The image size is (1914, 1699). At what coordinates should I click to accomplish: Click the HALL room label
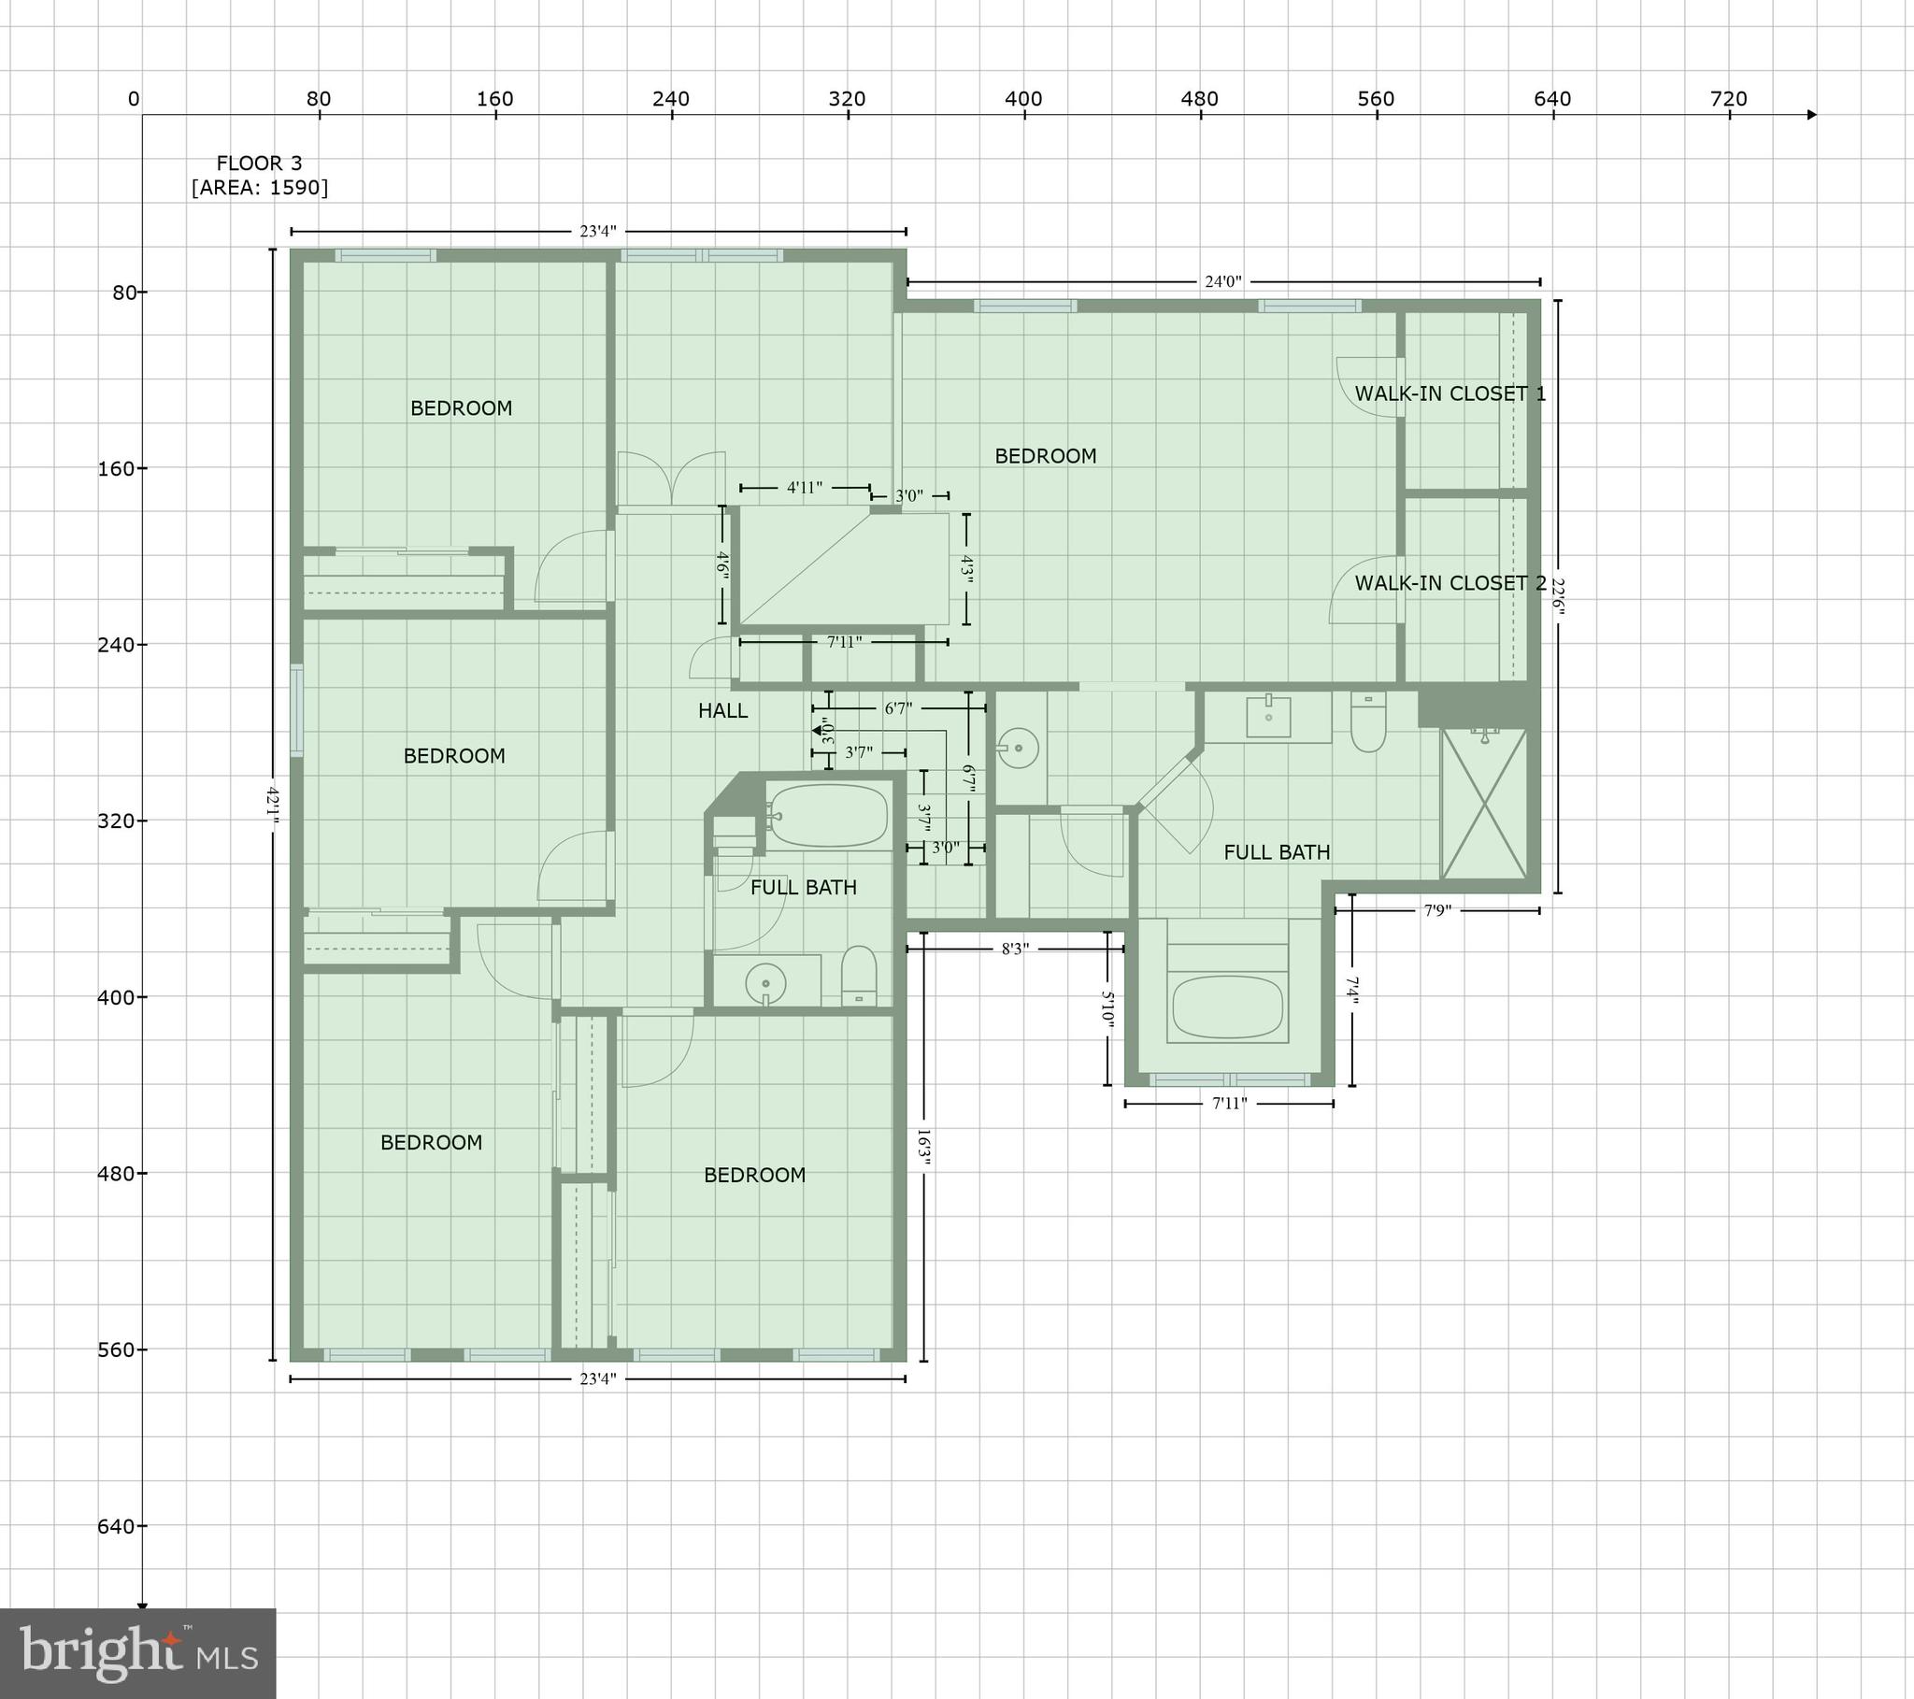click(722, 711)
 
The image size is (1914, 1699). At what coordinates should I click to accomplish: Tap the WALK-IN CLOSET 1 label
click(1450, 393)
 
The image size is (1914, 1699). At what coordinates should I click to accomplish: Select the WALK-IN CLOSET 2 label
click(1450, 582)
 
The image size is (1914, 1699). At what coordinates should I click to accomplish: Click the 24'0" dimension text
click(1222, 281)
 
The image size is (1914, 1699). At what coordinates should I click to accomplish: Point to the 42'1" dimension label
click(273, 803)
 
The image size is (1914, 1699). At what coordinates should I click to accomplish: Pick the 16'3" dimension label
click(923, 1148)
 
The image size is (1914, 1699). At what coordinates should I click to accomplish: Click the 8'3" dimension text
click(1015, 949)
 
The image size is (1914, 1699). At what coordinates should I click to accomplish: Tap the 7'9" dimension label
click(1437, 910)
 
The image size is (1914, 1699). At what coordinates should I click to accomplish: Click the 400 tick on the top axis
click(1023, 99)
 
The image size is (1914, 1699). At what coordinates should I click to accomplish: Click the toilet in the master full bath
click(1368, 722)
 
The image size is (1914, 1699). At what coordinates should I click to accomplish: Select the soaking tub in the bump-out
click(1227, 1007)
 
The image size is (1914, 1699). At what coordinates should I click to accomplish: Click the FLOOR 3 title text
click(260, 163)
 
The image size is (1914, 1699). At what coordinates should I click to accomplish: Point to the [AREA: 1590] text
click(260, 187)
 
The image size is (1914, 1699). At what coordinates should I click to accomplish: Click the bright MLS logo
click(137, 1653)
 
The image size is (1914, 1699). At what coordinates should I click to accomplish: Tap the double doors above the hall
click(671, 480)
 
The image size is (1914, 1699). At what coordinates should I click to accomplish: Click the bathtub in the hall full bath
click(828, 815)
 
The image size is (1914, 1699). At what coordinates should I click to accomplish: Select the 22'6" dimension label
click(1557, 596)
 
